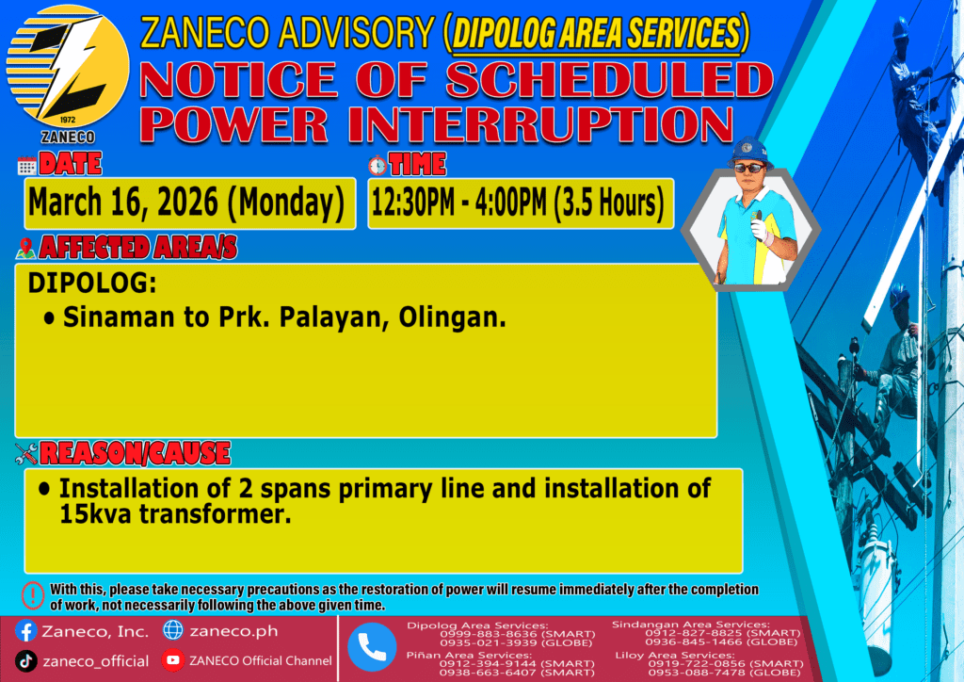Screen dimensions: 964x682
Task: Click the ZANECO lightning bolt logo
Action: click(68, 67)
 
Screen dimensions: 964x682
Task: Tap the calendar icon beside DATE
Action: click(27, 166)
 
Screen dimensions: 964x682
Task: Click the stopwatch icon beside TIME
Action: click(378, 166)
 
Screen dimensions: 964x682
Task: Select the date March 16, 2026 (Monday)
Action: click(186, 203)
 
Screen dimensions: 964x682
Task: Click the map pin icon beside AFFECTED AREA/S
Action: click(25, 248)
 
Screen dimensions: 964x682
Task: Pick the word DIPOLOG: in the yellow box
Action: click(92, 284)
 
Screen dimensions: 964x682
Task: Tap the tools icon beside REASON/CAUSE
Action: click(26, 454)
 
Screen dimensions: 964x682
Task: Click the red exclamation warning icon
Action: click(33, 595)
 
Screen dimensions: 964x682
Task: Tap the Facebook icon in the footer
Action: click(25, 631)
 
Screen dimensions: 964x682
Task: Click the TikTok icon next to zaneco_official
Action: click(25, 661)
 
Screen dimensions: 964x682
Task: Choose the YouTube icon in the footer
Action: click(173, 660)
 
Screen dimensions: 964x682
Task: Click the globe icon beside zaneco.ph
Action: click(173, 630)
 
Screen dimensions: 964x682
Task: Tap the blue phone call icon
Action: click(372, 647)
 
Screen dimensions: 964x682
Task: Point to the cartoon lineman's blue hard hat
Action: click(749, 151)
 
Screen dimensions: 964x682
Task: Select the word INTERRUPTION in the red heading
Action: click(540, 125)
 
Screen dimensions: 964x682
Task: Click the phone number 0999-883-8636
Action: click(489, 634)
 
